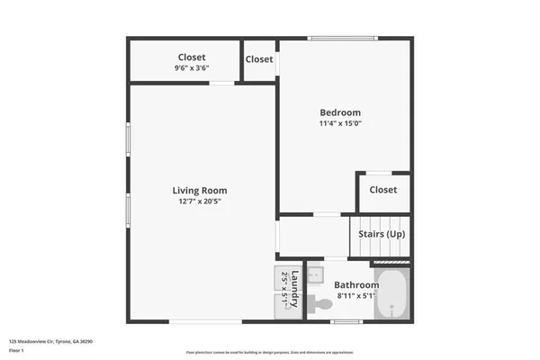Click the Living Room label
[x=200, y=190]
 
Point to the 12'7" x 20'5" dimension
[x=200, y=202]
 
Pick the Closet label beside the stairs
[x=383, y=190]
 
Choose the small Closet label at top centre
[x=259, y=59]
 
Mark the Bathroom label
[x=357, y=284]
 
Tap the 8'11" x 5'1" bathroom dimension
[x=357, y=295]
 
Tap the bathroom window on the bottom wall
[x=346, y=321]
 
